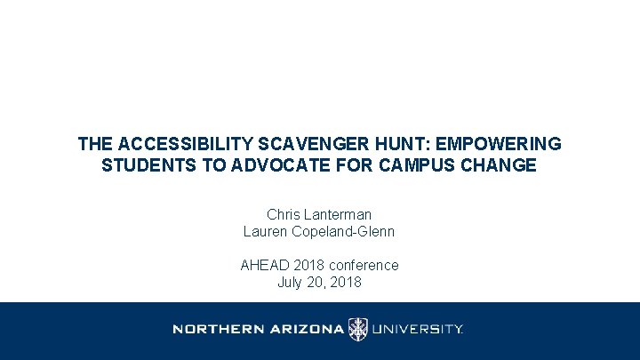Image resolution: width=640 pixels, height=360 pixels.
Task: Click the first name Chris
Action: point(284,215)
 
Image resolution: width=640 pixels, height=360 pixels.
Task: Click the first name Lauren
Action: point(265,232)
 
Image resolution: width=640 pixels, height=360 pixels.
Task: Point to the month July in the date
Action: point(291,283)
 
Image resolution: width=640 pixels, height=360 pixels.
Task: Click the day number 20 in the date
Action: point(316,283)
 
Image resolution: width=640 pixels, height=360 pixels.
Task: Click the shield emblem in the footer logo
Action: point(357,330)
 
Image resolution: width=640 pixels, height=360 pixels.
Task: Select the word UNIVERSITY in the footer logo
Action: point(416,330)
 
